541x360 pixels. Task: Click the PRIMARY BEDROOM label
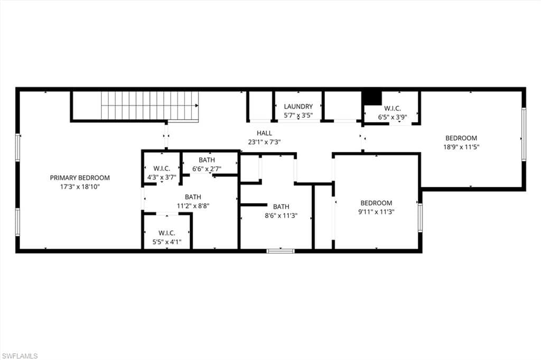[x=80, y=178]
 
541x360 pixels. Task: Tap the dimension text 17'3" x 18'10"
[x=80, y=187]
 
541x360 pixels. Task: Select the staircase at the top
[x=150, y=106]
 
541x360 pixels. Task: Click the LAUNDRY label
[x=298, y=107]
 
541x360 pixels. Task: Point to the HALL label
[x=264, y=133]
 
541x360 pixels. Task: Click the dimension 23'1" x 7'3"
[x=264, y=142]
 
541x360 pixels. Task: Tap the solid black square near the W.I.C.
[x=372, y=98]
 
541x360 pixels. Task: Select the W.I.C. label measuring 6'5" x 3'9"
[x=392, y=108]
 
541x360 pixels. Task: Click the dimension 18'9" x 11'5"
[x=461, y=147]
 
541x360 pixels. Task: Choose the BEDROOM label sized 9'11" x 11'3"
[x=376, y=203]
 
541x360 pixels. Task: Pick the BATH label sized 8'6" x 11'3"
[x=281, y=206]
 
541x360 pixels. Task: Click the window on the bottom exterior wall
[x=281, y=251]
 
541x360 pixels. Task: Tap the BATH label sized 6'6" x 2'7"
[x=207, y=160]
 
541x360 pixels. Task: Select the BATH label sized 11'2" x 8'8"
[x=193, y=197]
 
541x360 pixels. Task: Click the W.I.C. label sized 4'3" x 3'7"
[x=161, y=168]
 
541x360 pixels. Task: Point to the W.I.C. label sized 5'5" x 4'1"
[x=166, y=233]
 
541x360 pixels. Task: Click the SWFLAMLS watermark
[x=20, y=356]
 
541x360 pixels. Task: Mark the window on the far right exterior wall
[x=524, y=134]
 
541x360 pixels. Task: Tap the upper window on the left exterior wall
[x=17, y=147]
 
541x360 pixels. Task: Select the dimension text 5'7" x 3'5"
[x=298, y=116]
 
